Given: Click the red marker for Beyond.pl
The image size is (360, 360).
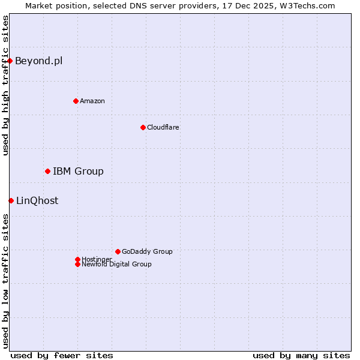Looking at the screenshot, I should point(10,61).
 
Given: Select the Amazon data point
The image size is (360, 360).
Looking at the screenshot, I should point(76,101).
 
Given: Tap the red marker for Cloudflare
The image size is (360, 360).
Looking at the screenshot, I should point(143,127).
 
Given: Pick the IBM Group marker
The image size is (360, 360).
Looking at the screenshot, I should point(47,172).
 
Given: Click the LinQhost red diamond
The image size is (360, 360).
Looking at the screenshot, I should point(11,200).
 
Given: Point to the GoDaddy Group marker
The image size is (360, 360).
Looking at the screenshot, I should point(118,251).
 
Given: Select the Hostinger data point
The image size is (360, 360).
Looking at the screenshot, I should point(77,259).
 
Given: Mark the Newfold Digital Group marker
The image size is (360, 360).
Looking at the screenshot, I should point(77,264).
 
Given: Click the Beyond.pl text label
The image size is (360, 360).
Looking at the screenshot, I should point(38,61).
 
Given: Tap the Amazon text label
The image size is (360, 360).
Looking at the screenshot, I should point(92,101).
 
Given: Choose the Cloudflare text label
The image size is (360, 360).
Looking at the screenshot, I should point(163,127).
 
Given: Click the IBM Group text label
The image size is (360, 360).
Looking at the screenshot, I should point(78,172).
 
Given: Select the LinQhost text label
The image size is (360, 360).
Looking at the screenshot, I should point(37,200).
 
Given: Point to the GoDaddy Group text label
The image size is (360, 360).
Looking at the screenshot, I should point(147,251).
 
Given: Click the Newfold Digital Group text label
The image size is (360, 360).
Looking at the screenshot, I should point(116,264).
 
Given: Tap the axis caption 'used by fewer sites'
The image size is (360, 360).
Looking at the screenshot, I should point(62,355).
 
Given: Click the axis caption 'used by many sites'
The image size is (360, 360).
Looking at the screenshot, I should point(301,355).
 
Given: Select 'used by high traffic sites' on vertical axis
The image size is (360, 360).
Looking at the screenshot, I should point(5,85).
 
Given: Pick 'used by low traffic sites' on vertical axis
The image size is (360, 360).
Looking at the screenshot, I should point(5,281).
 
